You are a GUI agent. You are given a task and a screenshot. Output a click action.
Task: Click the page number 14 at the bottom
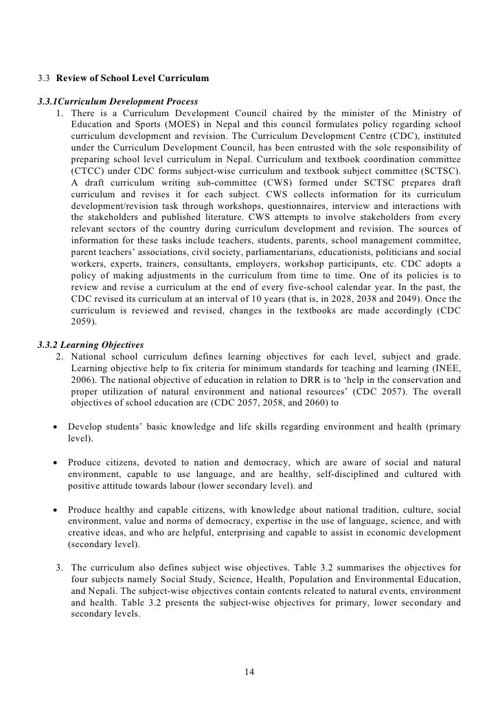[250, 671]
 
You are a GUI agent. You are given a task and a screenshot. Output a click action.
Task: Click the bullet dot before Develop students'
[55, 428]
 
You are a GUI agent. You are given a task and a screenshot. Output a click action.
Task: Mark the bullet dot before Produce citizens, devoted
[55, 461]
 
